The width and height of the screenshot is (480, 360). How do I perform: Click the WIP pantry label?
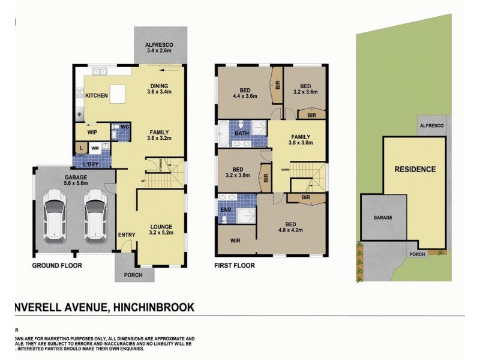click(92, 131)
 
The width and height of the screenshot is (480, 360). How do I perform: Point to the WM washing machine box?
click(95, 146)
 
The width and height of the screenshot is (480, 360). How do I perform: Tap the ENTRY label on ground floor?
click(126, 235)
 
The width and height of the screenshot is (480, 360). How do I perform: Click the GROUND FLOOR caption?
click(56, 265)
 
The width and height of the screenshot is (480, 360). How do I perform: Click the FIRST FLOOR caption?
click(235, 265)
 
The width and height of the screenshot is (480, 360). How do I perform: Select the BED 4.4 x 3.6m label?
click(244, 92)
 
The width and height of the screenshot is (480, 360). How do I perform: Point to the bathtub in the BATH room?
click(223, 134)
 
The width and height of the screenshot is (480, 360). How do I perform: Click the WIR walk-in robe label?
click(235, 241)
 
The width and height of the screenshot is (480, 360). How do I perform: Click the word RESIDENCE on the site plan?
click(415, 169)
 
